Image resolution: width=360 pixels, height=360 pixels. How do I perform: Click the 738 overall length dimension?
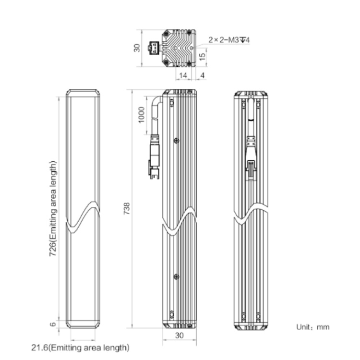127,208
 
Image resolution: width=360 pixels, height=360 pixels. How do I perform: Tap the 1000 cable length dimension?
142,115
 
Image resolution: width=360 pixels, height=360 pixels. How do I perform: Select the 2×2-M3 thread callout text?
229,40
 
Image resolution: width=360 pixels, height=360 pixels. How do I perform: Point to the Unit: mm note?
312,327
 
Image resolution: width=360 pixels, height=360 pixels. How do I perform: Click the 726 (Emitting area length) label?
53,208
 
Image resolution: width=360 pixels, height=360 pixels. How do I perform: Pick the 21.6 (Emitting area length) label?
80,348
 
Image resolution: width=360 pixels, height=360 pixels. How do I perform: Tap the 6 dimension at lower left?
53,324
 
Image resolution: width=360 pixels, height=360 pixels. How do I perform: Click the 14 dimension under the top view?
183,75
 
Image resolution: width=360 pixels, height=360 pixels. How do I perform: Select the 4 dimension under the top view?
202,75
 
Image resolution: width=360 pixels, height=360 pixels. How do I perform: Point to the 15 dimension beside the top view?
202,57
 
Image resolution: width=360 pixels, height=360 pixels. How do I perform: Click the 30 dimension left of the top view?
137,48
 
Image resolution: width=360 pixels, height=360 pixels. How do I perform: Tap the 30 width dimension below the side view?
180,336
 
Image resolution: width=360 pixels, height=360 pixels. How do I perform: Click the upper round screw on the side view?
176,141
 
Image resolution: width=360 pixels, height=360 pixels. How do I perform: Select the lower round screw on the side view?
176,277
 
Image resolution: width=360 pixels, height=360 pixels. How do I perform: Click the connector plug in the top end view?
154,48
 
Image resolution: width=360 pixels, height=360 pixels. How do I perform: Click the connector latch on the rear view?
251,170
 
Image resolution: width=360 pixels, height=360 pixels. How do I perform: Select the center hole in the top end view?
176,48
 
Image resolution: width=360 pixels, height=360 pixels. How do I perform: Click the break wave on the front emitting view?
83,217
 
